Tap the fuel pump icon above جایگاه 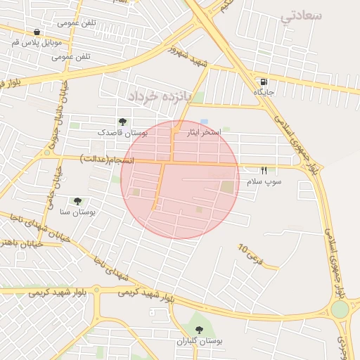coord(263,82)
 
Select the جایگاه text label coord(263,92)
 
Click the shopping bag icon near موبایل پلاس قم coord(37,32)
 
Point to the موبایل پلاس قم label coord(35,42)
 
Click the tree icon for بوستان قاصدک coord(123,122)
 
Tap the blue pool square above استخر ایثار coord(204,122)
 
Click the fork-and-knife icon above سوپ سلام coord(264,171)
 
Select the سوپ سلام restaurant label coord(264,182)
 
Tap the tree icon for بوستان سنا coord(77,201)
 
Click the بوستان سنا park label coord(77,211)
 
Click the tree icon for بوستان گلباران coord(199,330)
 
